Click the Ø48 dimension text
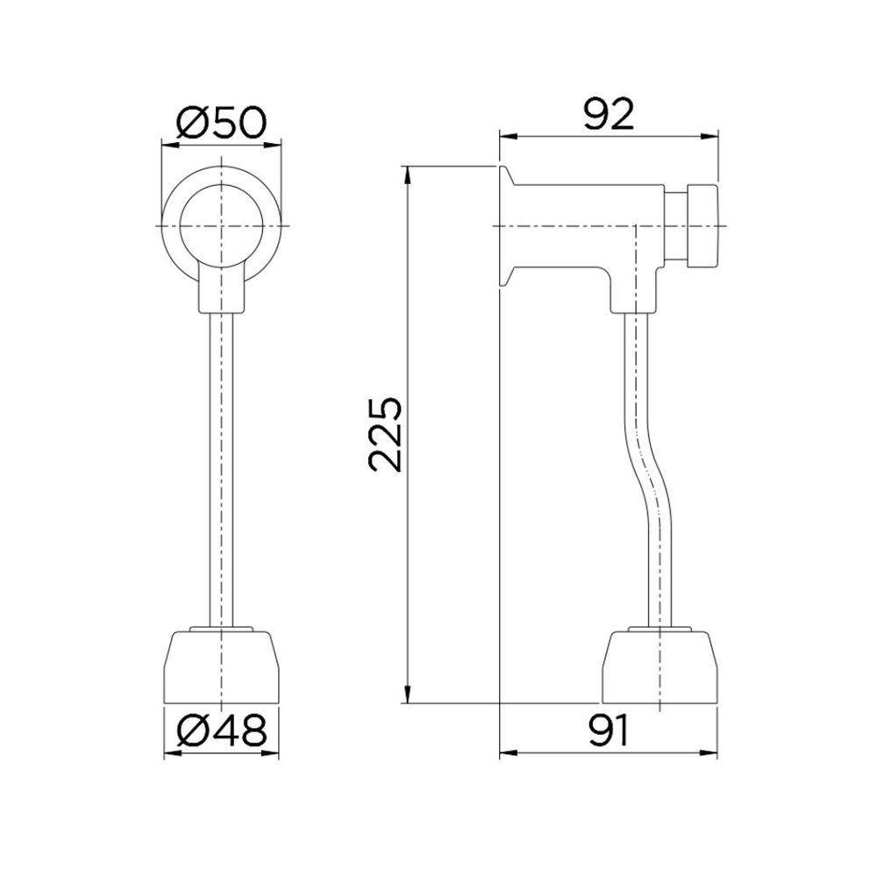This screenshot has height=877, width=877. tap(220, 731)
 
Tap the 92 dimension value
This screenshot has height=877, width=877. tap(609, 116)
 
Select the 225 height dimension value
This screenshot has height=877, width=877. tap(386, 435)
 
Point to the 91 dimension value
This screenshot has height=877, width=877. tap(609, 730)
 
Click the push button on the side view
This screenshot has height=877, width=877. tap(701, 225)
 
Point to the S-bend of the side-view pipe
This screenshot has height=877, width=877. tap(645, 474)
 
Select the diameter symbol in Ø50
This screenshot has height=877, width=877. tap(192, 121)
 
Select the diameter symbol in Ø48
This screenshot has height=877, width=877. tap(192, 731)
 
